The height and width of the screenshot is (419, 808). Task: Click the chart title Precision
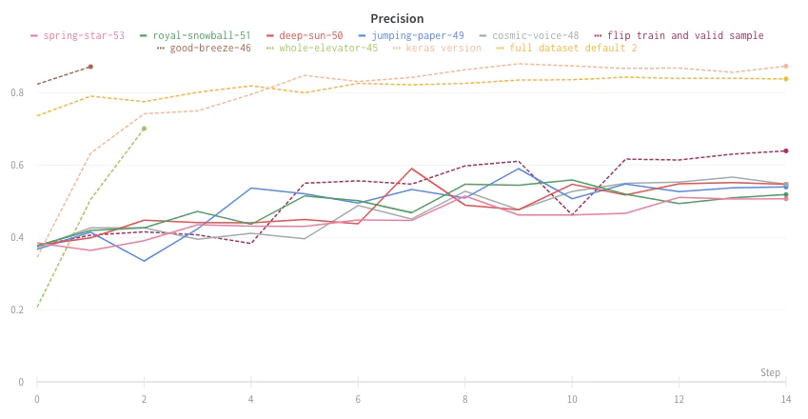click(x=398, y=19)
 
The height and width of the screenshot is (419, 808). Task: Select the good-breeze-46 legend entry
click(x=209, y=48)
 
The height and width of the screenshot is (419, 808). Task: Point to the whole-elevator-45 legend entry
click(x=327, y=48)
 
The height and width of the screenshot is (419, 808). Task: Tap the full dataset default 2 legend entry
click(x=572, y=48)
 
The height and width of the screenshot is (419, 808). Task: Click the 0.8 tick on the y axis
click(x=18, y=92)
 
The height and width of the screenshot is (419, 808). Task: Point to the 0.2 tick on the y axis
click(x=18, y=309)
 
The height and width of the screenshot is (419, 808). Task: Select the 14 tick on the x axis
click(x=785, y=397)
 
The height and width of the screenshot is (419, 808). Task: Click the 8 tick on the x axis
click(x=464, y=397)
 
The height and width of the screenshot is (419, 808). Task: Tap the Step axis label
click(x=770, y=372)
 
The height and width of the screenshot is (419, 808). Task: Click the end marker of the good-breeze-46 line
click(x=90, y=67)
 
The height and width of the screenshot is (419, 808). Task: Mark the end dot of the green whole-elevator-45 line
click(x=144, y=129)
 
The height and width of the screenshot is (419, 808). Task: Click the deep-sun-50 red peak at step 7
click(x=411, y=169)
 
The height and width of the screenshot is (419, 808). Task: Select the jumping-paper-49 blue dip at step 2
click(x=144, y=261)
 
